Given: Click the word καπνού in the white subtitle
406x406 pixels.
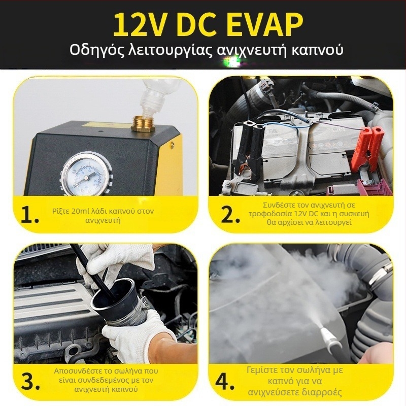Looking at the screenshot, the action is pos(318,49).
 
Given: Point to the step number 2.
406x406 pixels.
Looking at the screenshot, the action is pos(230,215).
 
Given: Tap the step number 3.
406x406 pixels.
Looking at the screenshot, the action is pos(30,382).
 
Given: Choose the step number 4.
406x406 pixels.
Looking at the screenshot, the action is pos(225,382).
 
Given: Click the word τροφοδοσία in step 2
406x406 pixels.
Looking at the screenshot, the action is pos(269,214).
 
